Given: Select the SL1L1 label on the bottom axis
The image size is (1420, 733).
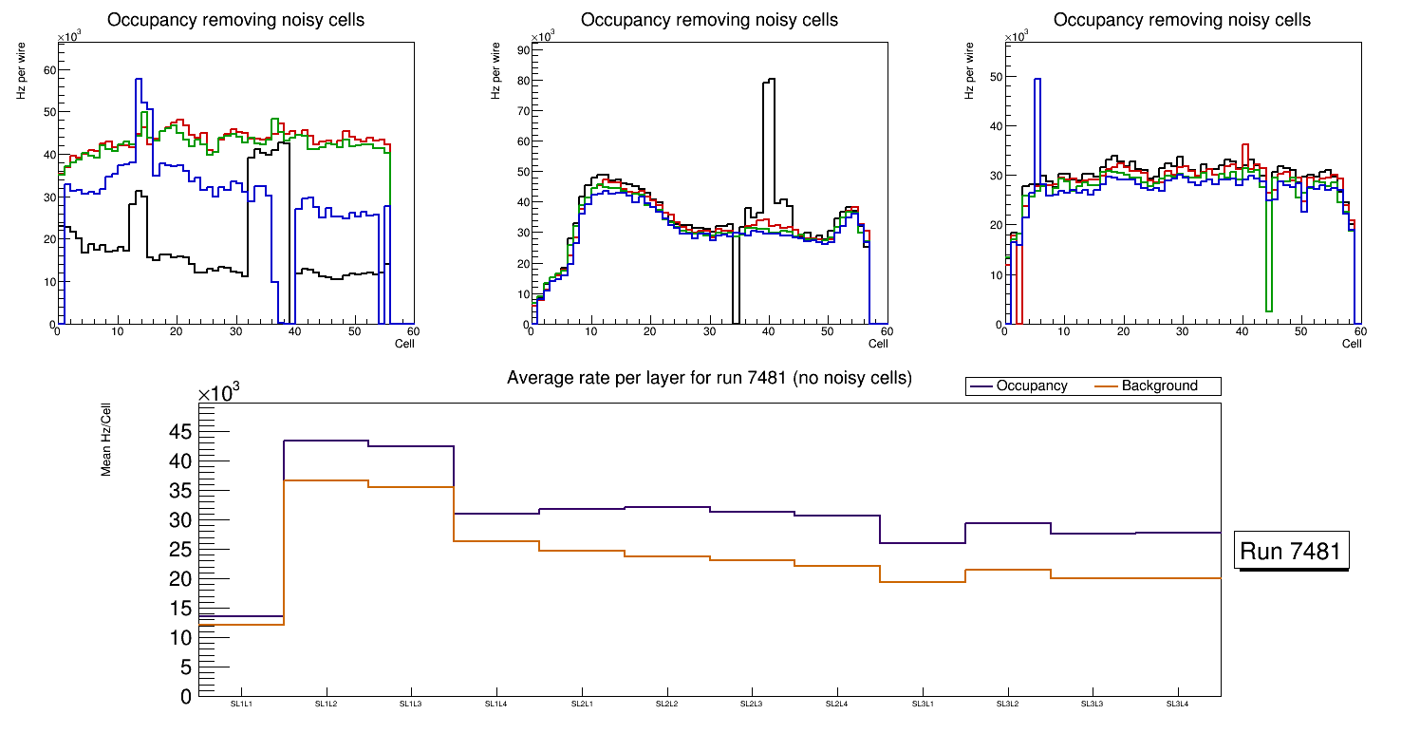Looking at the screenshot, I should coord(241,704).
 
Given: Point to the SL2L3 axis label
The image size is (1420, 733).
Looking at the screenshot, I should coord(752,704).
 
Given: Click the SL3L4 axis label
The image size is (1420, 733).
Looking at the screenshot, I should coord(1177,704).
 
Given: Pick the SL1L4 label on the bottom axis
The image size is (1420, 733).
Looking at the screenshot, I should coord(496,704).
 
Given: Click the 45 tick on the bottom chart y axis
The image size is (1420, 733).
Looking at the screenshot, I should coord(180,433).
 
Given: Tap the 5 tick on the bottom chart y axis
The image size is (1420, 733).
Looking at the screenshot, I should coord(186,667).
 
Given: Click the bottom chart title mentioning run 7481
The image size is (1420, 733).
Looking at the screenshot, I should coord(709,378).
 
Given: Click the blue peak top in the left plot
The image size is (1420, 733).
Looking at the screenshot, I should coord(139,80).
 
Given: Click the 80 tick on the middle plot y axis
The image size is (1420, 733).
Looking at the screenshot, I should coord(521,81).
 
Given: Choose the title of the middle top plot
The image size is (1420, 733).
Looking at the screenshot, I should coord(709,20).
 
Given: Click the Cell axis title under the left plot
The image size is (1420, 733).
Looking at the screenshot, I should coord(405,344).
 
